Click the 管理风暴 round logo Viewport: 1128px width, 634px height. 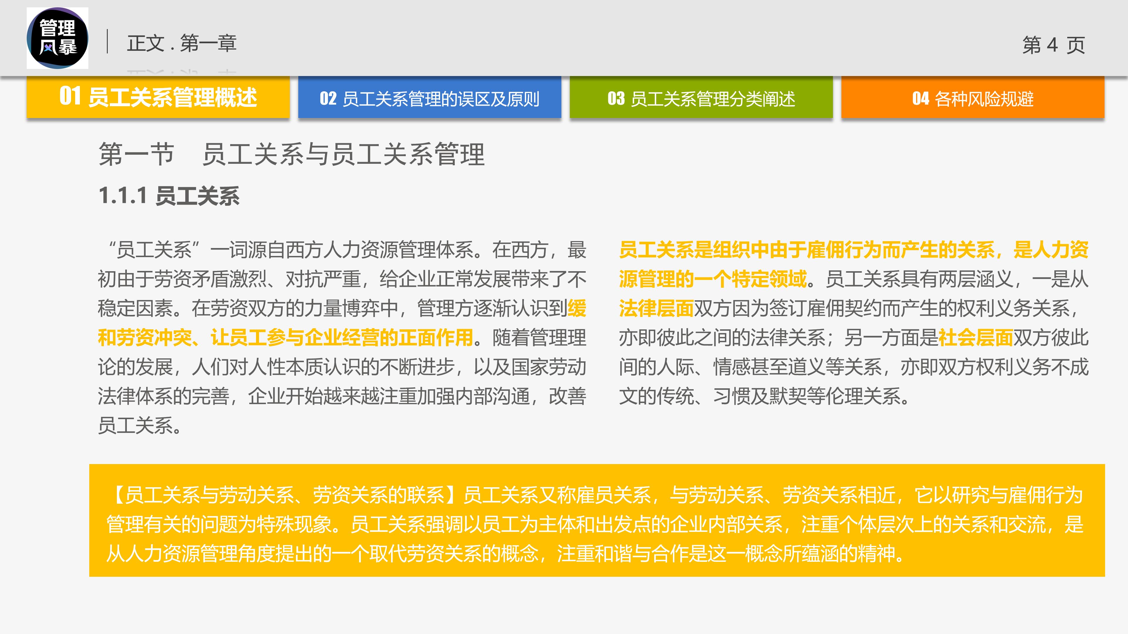click(x=57, y=38)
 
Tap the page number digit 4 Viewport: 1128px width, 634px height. click(x=1052, y=45)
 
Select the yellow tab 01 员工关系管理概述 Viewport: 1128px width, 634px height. click(x=158, y=97)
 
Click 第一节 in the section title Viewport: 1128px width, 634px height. click(x=136, y=154)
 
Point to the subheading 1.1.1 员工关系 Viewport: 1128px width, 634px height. click(x=169, y=196)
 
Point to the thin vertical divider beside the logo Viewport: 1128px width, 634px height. click(x=107, y=42)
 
